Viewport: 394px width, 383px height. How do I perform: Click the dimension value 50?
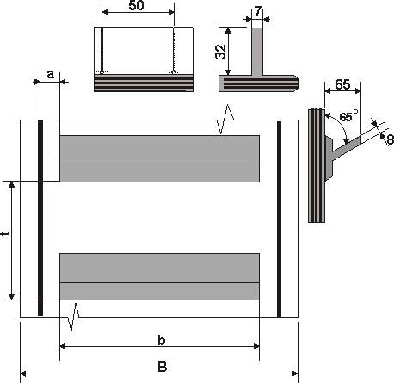pyautogui.click(x=136, y=5)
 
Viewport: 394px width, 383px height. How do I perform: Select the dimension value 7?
pyautogui.click(x=258, y=11)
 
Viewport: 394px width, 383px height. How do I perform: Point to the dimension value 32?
pyautogui.click(x=221, y=52)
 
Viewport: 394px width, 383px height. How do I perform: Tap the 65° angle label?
pyautogui.click(x=348, y=115)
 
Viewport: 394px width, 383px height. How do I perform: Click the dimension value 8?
pyautogui.click(x=391, y=139)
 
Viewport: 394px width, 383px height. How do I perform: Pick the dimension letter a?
pyautogui.click(x=50, y=75)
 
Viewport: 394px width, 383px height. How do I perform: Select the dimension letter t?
pyautogui.click(x=5, y=233)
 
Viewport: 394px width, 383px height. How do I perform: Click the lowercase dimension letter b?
pyautogui.click(x=162, y=340)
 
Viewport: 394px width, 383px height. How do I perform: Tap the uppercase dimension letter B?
pyautogui.click(x=163, y=367)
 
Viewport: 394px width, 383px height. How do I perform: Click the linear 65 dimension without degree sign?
pyautogui.click(x=342, y=84)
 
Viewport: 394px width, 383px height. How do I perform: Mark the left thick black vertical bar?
pyautogui.click(x=40, y=218)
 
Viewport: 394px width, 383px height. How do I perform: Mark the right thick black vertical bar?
pyautogui.click(x=279, y=219)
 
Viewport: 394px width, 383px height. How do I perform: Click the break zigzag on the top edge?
pyautogui.click(x=225, y=119)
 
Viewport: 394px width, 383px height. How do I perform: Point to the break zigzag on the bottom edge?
pyautogui.click(x=73, y=317)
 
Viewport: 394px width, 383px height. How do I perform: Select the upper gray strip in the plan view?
pyautogui.click(x=159, y=158)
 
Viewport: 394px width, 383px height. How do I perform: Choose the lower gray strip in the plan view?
pyautogui.click(x=159, y=276)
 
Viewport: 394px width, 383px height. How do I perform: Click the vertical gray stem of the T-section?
pyautogui.click(x=257, y=52)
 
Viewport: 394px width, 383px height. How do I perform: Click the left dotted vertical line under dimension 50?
pyautogui.click(x=102, y=50)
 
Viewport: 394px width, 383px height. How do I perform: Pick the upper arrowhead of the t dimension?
pyautogui.click(x=11, y=184)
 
